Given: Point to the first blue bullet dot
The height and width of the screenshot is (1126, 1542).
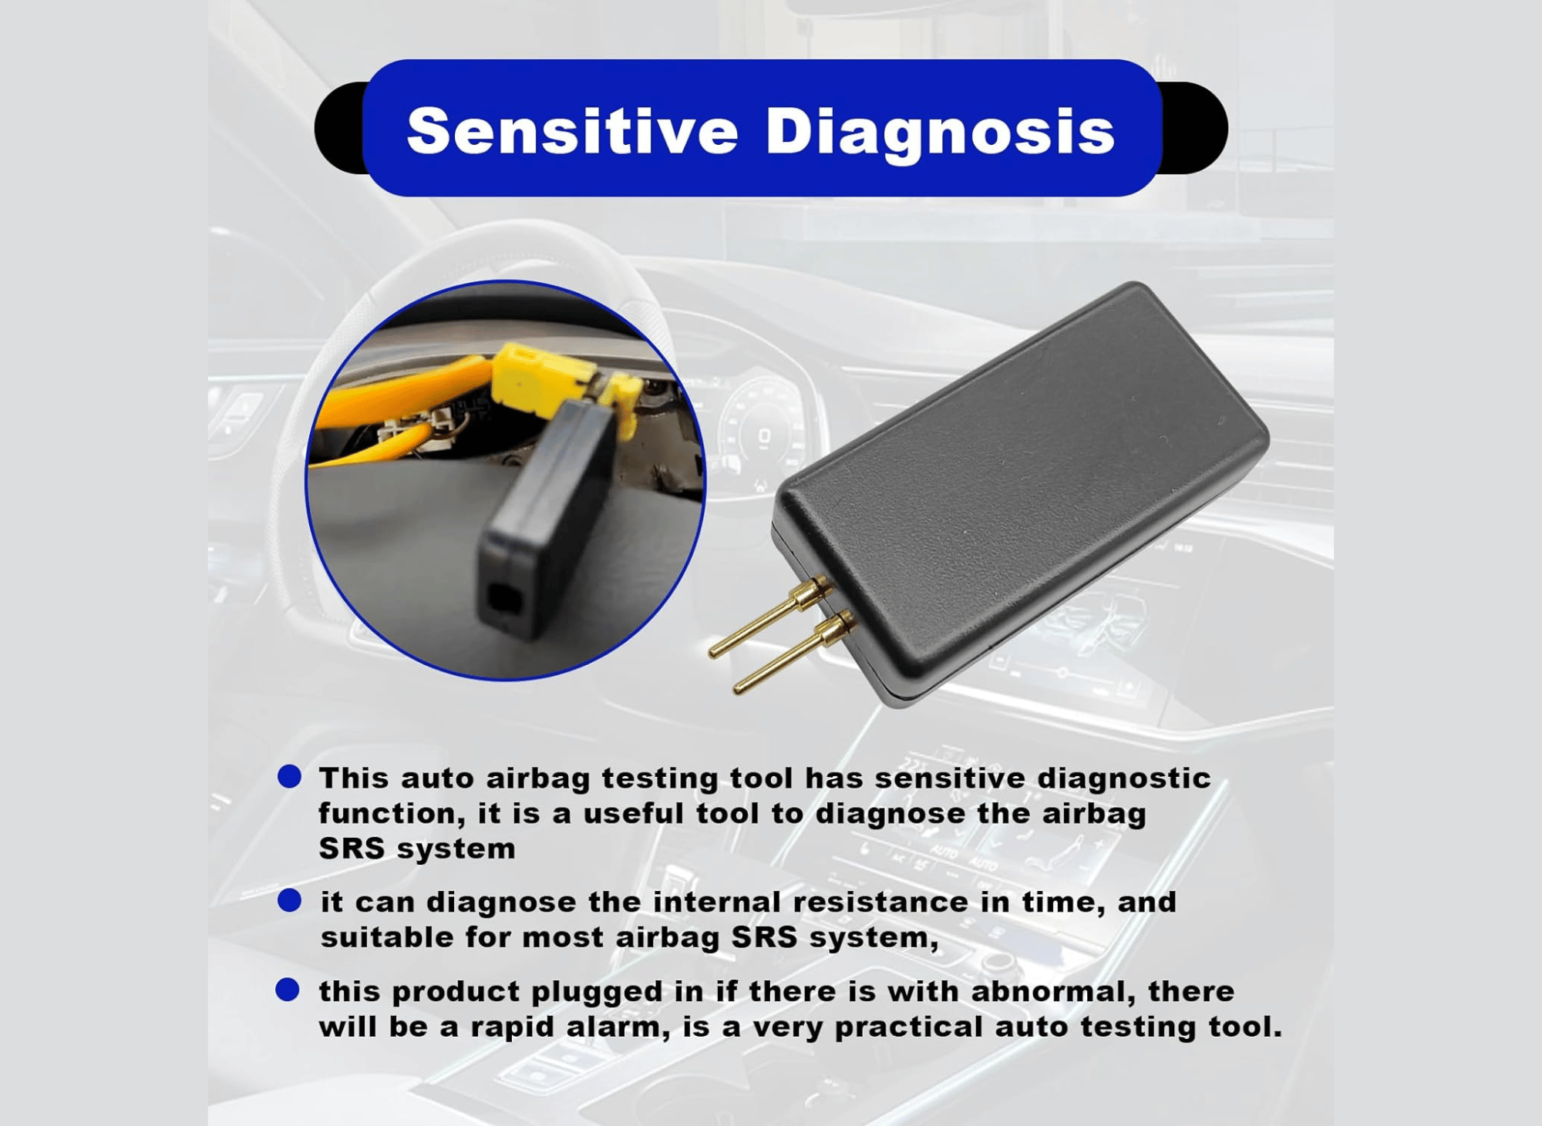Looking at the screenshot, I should [289, 776].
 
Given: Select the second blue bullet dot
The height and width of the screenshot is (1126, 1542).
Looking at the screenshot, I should [289, 899].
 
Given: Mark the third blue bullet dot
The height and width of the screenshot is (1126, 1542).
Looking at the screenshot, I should [288, 990].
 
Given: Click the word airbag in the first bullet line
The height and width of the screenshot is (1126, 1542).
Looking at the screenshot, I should [537, 778].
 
